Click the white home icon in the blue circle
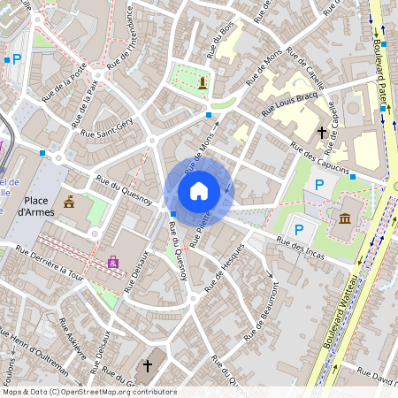(199, 190)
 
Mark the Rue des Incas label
(300, 245)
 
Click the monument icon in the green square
(203, 83)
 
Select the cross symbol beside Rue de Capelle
(321, 133)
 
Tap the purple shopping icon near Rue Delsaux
(112, 263)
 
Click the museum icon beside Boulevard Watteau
(344, 218)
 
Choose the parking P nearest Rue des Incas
(299, 230)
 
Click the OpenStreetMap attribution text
(88, 392)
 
